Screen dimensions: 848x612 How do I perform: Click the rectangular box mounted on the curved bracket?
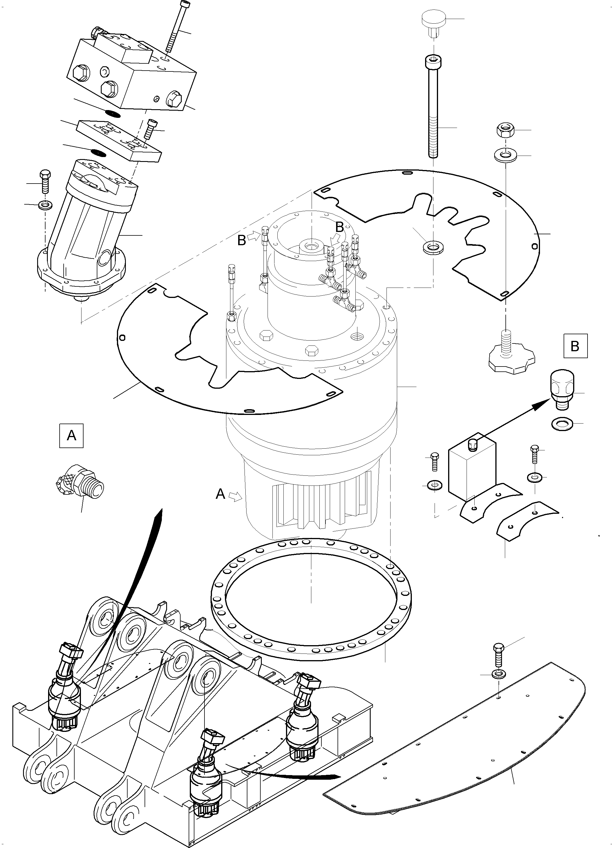coord(471,469)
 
